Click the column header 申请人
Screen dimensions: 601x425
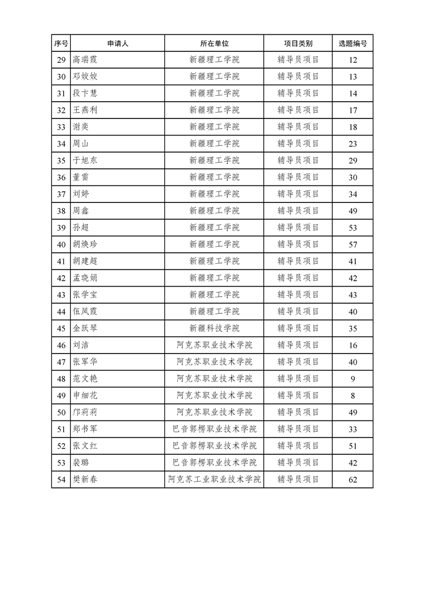[x=117, y=43]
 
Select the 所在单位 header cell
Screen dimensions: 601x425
[x=214, y=43]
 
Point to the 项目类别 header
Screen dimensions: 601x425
[x=298, y=43]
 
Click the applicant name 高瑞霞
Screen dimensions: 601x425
[x=85, y=59]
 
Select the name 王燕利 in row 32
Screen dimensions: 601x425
[x=85, y=110]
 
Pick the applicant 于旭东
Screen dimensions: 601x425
[x=85, y=160]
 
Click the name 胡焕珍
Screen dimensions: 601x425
[x=85, y=244]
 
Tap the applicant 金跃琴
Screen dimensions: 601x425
[x=85, y=328]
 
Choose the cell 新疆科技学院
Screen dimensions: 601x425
[x=214, y=328]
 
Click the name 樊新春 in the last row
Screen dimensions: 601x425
[x=85, y=479]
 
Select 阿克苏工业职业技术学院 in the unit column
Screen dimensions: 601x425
[x=214, y=479]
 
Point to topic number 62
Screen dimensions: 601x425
[x=353, y=480]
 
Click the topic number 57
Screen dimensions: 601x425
[x=353, y=245]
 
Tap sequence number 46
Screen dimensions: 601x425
[x=61, y=345]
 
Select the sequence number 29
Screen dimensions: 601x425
[x=61, y=60]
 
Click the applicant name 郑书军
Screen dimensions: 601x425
[x=85, y=429]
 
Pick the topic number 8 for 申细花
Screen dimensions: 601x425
[x=353, y=396]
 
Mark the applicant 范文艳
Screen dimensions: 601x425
[x=85, y=379]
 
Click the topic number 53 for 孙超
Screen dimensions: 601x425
[x=353, y=228]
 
